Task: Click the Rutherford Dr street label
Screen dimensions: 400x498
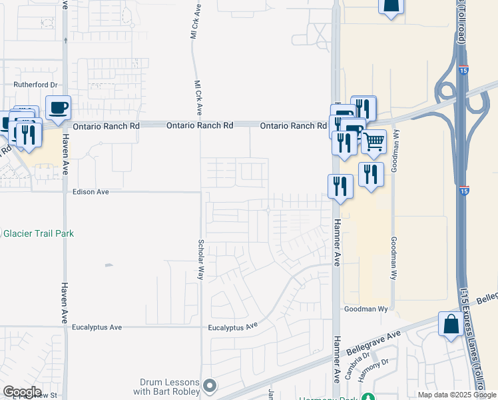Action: [37, 85]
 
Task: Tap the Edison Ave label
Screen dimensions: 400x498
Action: [90, 191]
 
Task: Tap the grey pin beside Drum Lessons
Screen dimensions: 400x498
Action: [210, 385]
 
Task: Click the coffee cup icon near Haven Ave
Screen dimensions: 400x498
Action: [59, 107]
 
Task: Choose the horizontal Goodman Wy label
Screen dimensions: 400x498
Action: [366, 309]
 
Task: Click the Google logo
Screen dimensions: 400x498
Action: [22, 392]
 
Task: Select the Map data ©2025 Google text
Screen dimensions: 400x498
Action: [456, 395]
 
